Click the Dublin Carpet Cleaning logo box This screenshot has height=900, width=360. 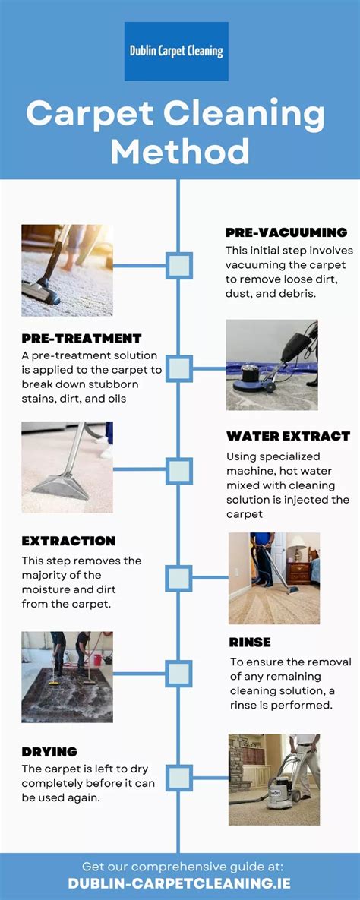pos(176,51)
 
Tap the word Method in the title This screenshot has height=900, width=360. pos(180,152)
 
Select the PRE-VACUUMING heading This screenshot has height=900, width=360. pos(286,232)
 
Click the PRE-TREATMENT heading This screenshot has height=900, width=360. pos(81,338)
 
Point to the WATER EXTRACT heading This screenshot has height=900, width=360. pos(289,436)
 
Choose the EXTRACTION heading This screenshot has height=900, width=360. pos(69,542)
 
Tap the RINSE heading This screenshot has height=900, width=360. pos(250,643)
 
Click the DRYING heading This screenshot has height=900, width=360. pos(49,751)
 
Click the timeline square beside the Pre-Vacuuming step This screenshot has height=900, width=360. pos(178,266)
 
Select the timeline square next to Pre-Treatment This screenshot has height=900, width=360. pos(178,368)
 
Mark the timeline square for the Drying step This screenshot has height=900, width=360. pos(178,778)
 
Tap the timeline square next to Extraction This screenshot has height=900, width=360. pos(178,578)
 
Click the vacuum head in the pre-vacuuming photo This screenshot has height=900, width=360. pos(40,292)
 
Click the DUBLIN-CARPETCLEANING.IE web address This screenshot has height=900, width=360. pos(179,883)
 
